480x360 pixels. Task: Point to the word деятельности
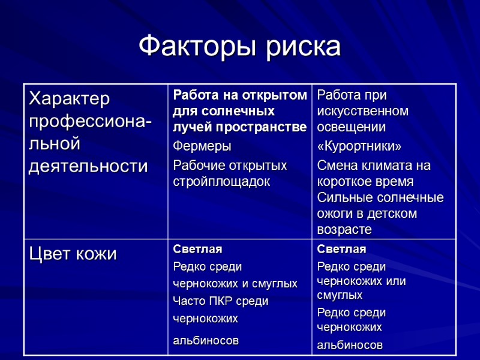88,166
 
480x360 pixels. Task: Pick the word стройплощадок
221,181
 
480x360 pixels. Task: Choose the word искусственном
362,112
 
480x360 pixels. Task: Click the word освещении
351,128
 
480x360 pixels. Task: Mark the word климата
389,165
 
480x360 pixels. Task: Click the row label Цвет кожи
73,254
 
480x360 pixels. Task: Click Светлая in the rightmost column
341,250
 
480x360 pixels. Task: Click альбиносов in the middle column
205,341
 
